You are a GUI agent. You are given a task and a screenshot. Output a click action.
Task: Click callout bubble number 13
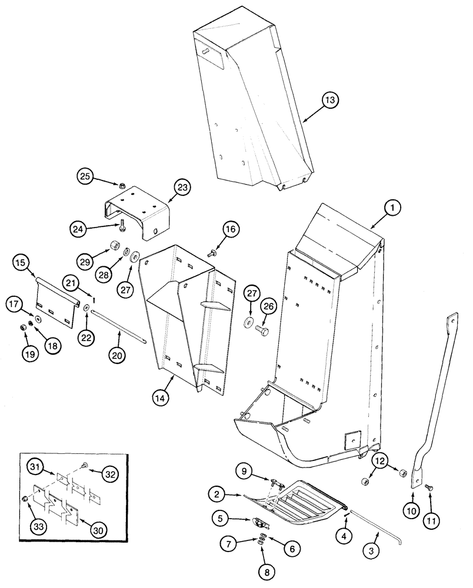pos(331,101)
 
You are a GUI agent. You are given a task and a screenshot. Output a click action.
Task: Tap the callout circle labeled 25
pos(85,175)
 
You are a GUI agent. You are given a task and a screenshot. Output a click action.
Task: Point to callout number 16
pos(230,230)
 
